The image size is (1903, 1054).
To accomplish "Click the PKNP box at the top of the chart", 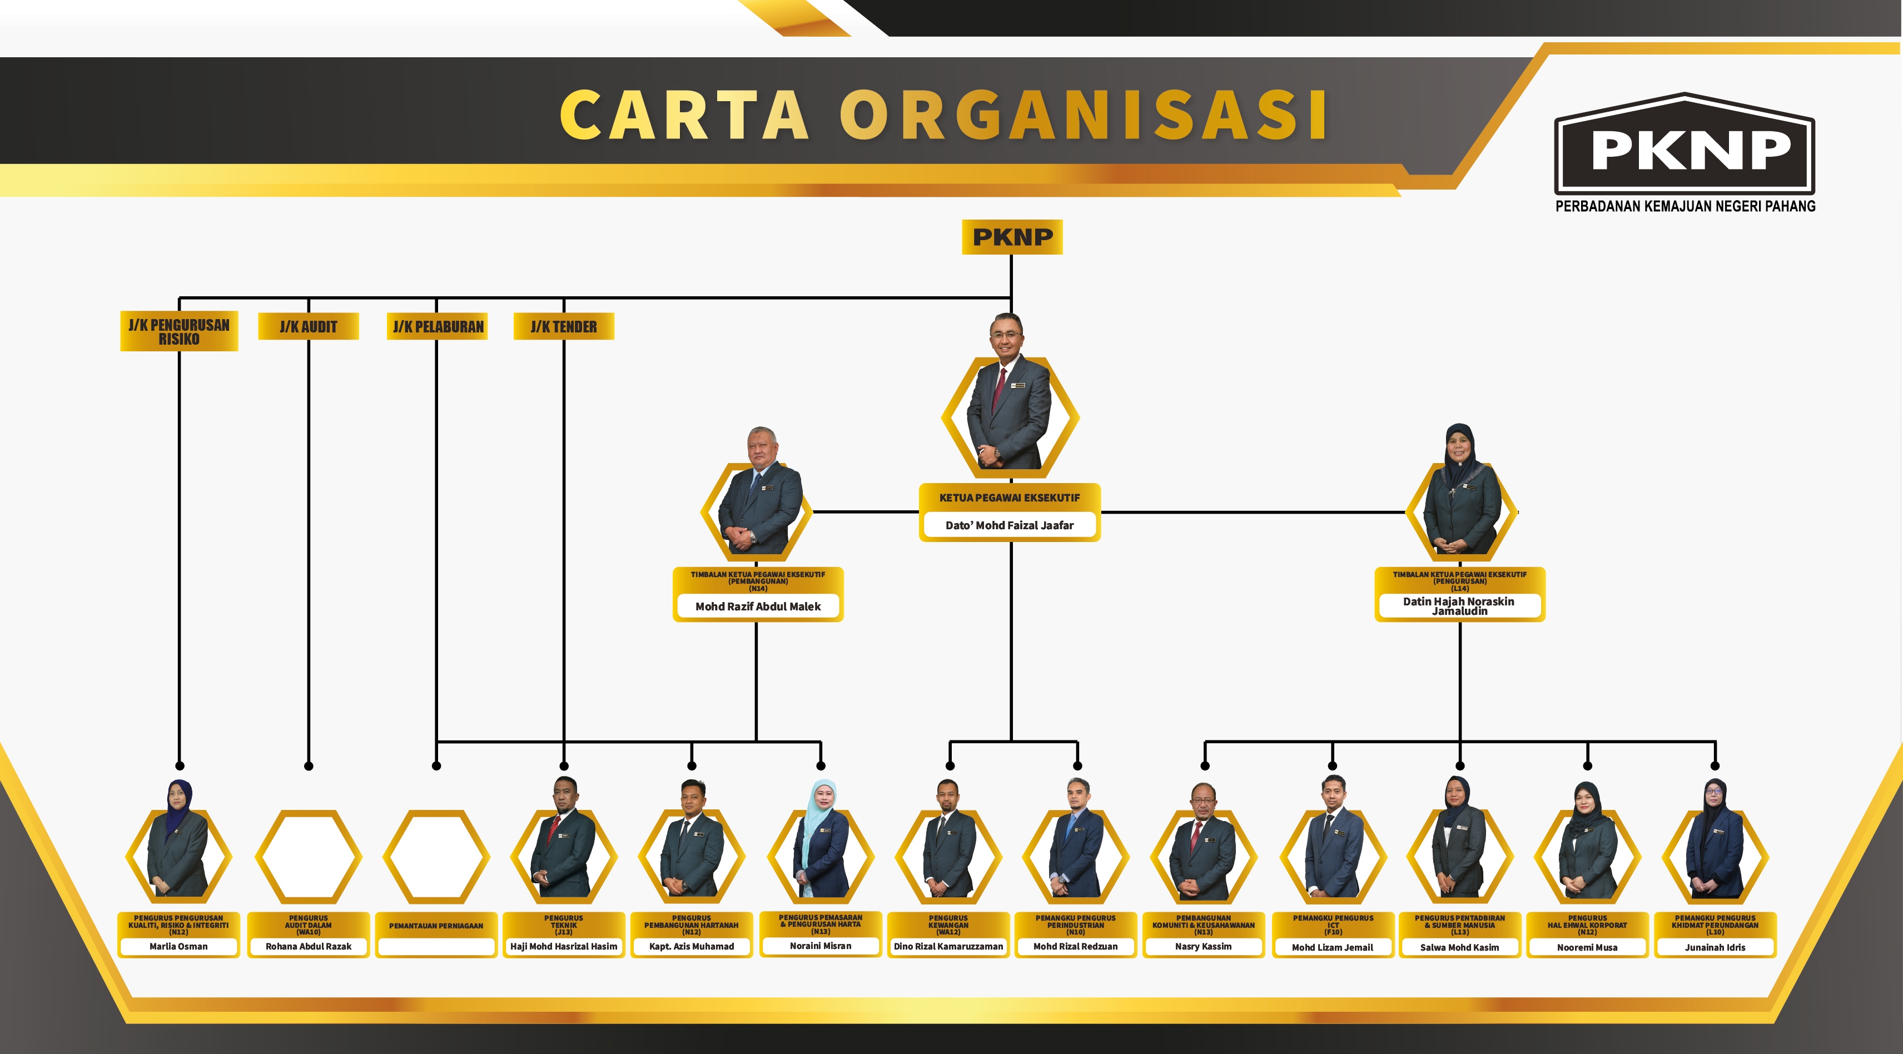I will (1011, 237).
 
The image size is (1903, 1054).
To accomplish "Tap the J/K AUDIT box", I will (308, 326).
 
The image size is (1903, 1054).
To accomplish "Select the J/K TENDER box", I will (564, 326).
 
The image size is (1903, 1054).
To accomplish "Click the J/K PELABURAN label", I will (438, 326).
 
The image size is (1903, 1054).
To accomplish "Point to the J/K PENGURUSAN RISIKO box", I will (179, 332).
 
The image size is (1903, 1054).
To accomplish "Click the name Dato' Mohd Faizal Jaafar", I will (1009, 525).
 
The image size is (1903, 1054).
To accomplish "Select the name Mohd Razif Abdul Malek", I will (758, 606).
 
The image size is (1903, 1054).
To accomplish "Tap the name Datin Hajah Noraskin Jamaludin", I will (1459, 606).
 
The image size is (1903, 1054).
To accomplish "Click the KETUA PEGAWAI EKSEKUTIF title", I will (1009, 498).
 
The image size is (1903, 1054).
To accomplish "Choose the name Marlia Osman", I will (179, 946).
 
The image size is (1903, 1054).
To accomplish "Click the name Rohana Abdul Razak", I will (308, 946).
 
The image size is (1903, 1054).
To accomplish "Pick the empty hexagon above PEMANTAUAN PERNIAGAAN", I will (436, 857).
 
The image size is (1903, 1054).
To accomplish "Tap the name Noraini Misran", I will (820, 946).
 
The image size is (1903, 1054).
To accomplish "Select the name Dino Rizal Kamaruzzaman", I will (948, 946).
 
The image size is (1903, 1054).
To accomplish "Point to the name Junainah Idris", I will (1715, 947).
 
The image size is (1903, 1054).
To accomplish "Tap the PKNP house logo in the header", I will (1685, 151).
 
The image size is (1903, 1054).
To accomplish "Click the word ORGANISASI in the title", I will (1083, 115).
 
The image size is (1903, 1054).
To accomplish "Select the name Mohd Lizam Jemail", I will (1332, 947).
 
